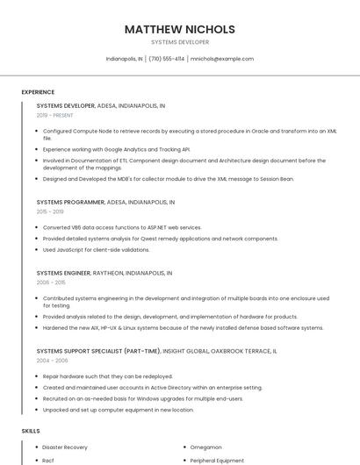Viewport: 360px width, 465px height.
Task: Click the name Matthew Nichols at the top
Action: click(x=179, y=29)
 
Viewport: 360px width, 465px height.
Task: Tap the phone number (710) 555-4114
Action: click(x=167, y=59)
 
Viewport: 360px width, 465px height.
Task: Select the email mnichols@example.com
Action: click(x=221, y=59)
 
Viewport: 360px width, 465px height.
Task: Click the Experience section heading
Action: click(x=38, y=92)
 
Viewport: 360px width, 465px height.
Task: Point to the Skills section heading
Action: click(x=31, y=431)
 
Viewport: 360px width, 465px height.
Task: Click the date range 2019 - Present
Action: click(x=54, y=115)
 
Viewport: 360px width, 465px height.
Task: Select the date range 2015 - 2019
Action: click(x=50, y=211)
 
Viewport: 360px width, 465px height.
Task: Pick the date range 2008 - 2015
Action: click(x=51, y=283)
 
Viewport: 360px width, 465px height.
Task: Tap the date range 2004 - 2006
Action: click(x=51, y=360)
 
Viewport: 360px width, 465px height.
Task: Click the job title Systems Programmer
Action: click(x=70, y=202)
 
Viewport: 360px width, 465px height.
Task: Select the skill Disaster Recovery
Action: click(x=65, y=447)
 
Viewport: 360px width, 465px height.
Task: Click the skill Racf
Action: click(x=49, y=460)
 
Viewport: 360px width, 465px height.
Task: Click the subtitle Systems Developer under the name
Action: click(x=179, y=42)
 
